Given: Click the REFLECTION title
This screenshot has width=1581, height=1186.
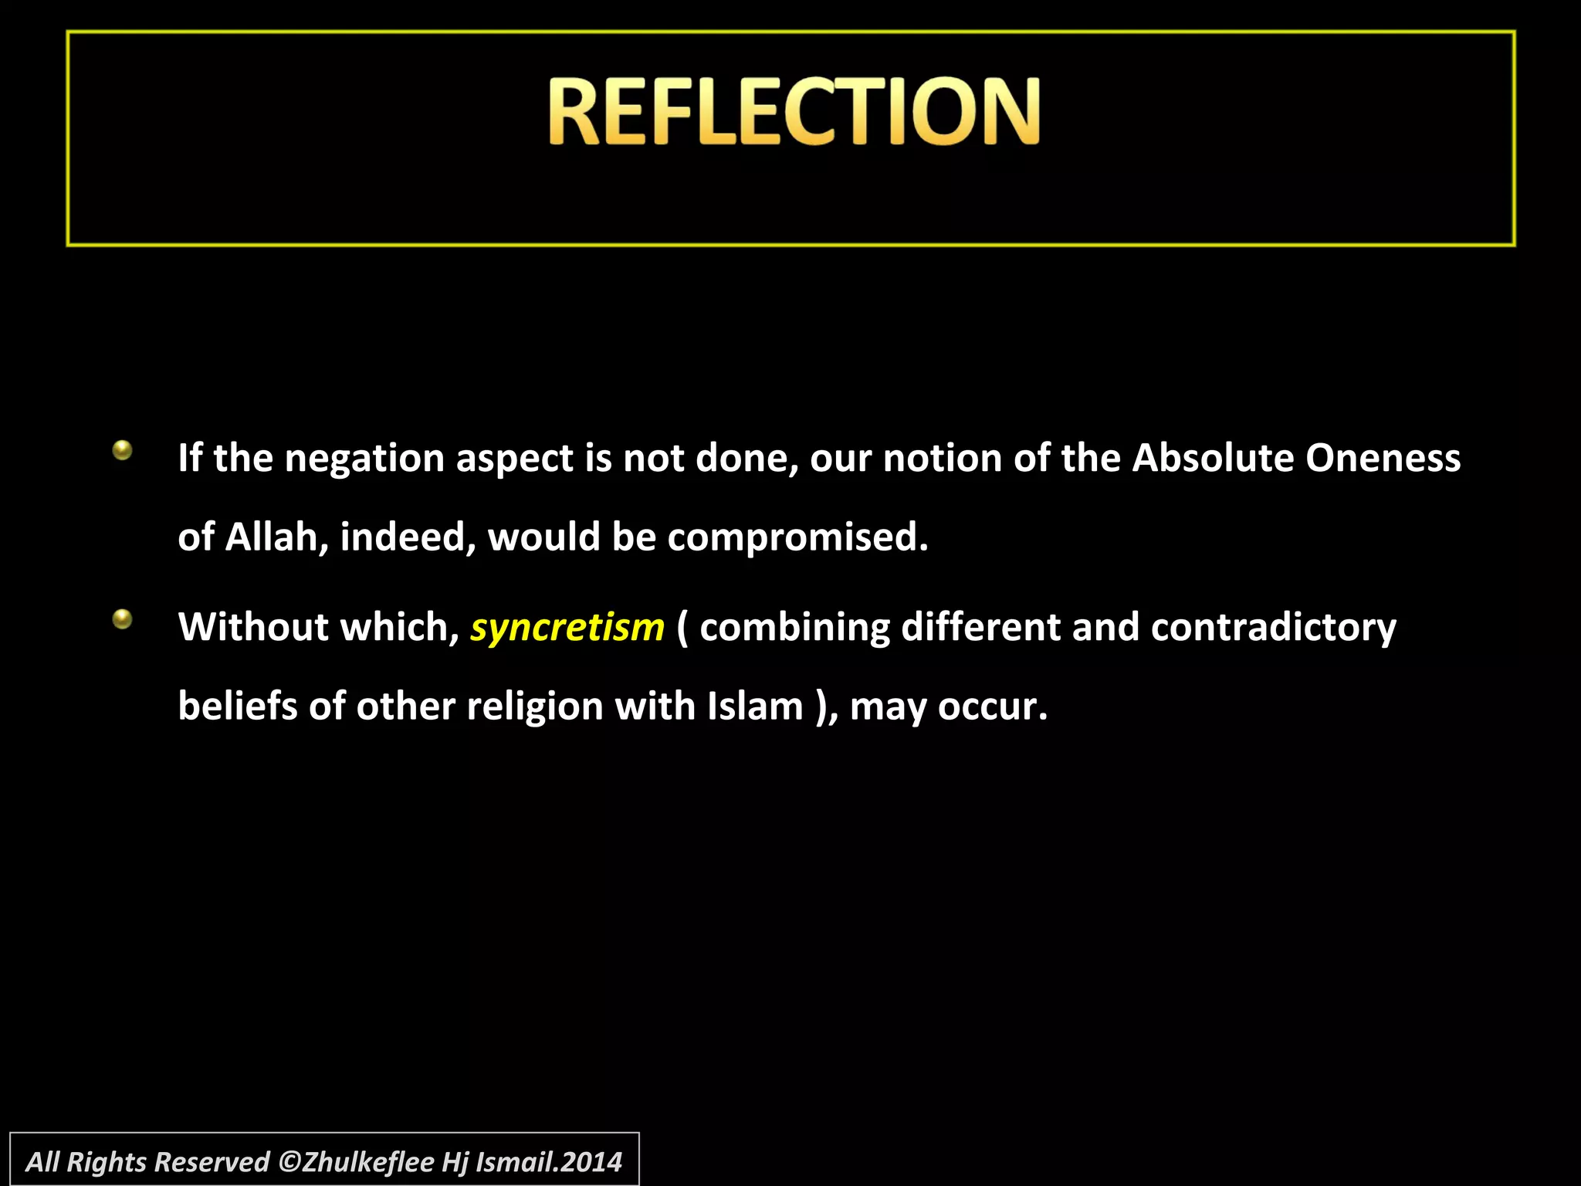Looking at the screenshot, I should pos(794,111).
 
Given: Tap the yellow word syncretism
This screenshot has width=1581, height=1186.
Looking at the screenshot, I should pos(567,628).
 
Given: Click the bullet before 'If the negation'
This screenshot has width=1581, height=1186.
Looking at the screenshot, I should pos(122,450).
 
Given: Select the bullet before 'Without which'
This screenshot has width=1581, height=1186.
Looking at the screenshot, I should pos(122,619).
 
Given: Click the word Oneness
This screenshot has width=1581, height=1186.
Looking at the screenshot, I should pos(1383,458).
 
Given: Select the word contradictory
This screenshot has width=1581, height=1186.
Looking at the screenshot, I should pos(1273,627).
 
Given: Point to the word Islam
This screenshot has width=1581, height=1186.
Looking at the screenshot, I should pos(755,706).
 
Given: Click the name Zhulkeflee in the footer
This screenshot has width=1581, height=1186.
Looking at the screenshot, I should pos(367,1162).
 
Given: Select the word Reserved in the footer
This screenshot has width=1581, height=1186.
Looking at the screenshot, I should pos(212,1162).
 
